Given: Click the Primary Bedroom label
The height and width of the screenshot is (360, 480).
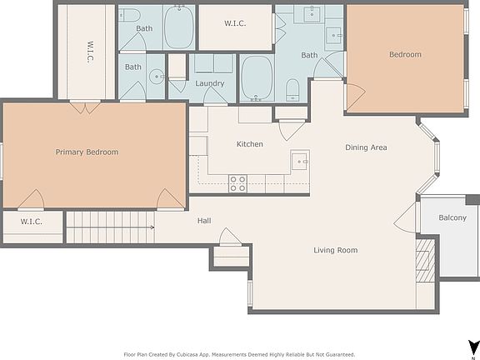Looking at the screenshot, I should (x=87, y=152).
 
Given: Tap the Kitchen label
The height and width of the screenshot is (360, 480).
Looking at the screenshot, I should (x=249, y=144).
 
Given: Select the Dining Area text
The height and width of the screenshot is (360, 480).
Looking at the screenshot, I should (x=366, y=147).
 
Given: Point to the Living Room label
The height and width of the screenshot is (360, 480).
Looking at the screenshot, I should (x=335, y=250).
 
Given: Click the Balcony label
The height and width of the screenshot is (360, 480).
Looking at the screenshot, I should (x=456, y=218).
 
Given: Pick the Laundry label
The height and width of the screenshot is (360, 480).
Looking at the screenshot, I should (x=210, y=83).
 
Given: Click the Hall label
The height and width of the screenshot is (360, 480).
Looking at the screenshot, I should (x=204, y=221).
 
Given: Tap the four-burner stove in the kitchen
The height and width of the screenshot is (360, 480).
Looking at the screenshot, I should (x=237, y=183).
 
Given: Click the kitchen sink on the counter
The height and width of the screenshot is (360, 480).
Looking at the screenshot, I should (x=299, y=160).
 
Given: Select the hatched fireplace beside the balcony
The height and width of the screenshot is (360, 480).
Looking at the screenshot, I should (x=425, y=258).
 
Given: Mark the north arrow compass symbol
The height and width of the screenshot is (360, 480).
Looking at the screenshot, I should (x=472, y=346).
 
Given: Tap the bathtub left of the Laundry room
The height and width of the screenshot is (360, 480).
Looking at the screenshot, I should (x=179, y=27).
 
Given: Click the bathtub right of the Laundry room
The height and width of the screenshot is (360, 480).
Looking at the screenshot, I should (x=256, y=77).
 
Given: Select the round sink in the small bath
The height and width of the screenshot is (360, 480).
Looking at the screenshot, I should (x=158, y=77).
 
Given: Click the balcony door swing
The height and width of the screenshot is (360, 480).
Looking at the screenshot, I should (x=407, y=218).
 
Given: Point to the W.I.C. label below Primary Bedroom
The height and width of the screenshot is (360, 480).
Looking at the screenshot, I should (x=31, y=222).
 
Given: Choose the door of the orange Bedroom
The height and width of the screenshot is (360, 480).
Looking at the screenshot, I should (x=353, y=97).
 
